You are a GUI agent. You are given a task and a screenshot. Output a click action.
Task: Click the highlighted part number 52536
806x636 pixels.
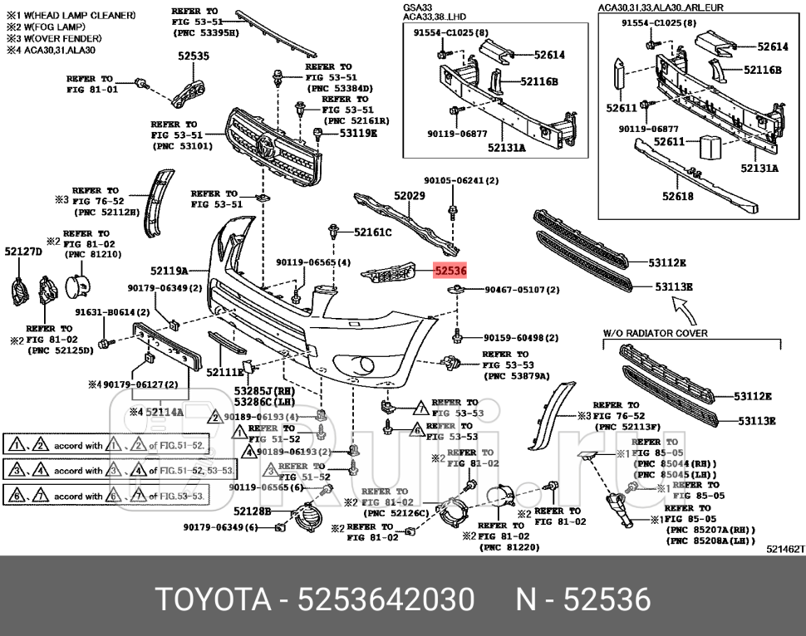pos(450,271)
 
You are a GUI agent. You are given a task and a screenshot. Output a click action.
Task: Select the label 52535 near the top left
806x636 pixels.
pos(193,56)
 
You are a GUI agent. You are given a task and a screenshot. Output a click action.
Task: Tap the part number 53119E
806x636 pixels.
pos(357,133)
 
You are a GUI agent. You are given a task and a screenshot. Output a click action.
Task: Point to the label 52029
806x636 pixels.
pos(410,196)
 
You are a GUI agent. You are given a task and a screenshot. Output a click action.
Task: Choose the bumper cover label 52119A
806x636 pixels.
pos(169,271)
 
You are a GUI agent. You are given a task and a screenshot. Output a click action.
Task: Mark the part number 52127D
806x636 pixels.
pos(22,251)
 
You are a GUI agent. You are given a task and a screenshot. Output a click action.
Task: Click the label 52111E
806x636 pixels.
pos(224,373)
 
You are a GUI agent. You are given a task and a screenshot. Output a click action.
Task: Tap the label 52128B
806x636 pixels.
pos(252,511)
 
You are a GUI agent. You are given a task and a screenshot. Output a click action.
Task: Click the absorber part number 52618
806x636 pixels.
pos(677,197)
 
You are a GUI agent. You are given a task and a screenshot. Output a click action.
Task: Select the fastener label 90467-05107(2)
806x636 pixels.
pos(522,290)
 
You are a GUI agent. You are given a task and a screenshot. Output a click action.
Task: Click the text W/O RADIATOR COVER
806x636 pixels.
pos(656,333)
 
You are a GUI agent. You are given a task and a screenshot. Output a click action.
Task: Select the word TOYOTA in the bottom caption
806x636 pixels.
pos(209,599)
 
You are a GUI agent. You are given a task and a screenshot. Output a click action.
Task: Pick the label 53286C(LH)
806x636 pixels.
pos(253,401)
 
